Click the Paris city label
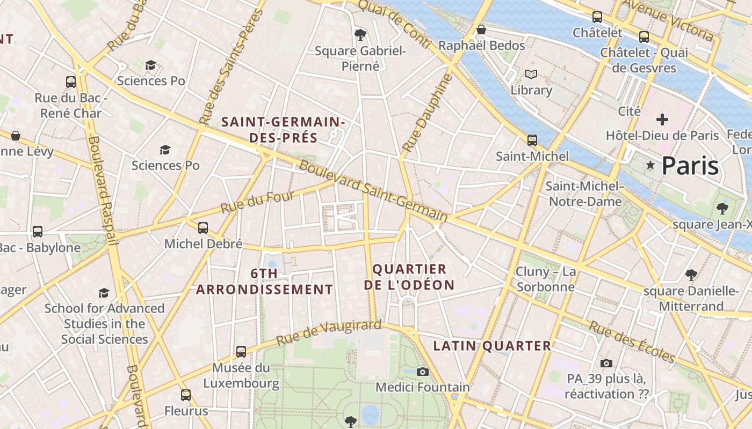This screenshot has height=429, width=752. pyautogui.click(x=690, y=166)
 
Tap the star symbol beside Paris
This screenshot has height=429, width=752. pyautogui.click(x=650, y=165)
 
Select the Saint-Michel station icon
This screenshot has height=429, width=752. pyautogui.click(x=532, y=140)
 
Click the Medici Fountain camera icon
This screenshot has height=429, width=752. pyautogui.click(x=423, y=372)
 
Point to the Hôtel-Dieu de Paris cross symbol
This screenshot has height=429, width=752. pyautogui.click(x=662, y=120)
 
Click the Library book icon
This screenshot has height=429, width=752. pyautogui.click(x=531, y=74)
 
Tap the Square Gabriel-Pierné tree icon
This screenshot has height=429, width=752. pyautogui.click(x=360, y=35)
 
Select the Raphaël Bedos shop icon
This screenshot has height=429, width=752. pyautogui.click(x=481, y=29)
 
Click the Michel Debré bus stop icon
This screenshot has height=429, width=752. pyautogui.click(x=203, y=228)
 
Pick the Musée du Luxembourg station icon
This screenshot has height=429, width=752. pyautogui.click(x=241, y=352)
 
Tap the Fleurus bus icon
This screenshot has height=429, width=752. pyautogui.click(x=186, y=396)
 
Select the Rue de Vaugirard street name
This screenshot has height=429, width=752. pyautogui.click(x=329, y=332)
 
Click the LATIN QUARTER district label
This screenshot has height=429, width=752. pyautogui.click(x=492, y=346)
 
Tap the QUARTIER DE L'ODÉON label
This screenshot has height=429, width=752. pyautogui.click(x=409, y=277)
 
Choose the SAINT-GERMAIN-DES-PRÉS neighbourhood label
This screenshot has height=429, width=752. pyautogui.click(x=283, y=130)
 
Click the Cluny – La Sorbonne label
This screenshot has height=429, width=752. pyautogui.click(x=546, y=279)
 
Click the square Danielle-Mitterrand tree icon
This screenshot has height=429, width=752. pyautogui.click(x=691, y=275)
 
